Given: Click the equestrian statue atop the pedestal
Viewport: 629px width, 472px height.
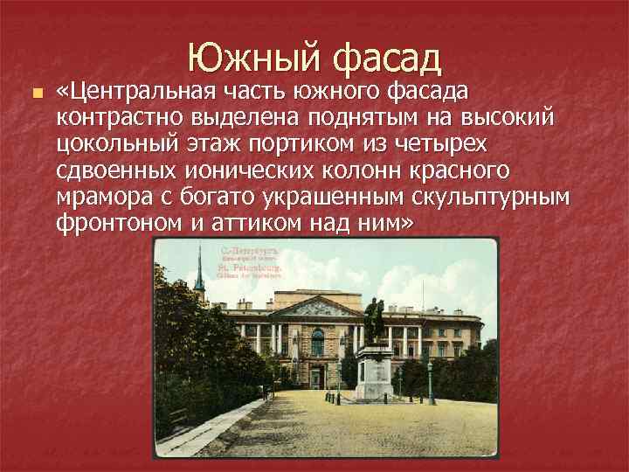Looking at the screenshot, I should point(374,321).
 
